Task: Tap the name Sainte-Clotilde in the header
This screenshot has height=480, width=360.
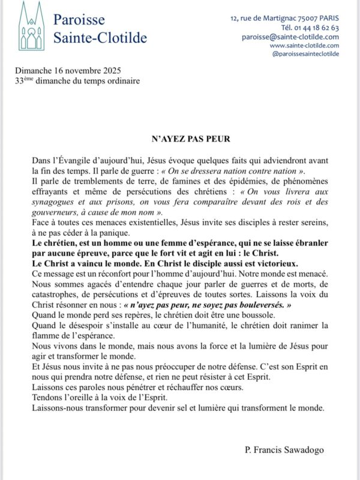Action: (x=100, y=38)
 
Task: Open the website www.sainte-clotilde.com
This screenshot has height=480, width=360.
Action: (x=304, y=45)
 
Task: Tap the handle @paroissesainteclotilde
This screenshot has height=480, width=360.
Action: (x=305, y=53)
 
